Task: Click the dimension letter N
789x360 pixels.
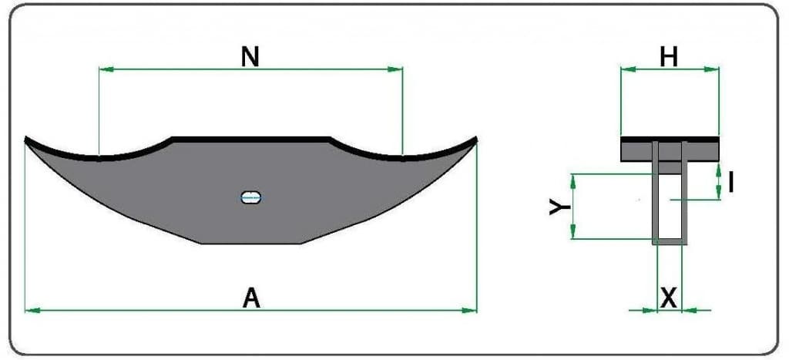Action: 250,57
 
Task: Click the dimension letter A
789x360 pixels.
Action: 252,298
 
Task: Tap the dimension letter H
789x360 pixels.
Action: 669,58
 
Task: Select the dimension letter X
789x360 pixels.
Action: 669,299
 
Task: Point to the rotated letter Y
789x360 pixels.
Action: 559,207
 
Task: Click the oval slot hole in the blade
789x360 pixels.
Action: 251,197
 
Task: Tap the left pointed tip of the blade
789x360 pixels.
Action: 25,137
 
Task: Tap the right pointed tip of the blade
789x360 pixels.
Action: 476,137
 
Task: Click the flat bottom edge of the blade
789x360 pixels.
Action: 252,244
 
